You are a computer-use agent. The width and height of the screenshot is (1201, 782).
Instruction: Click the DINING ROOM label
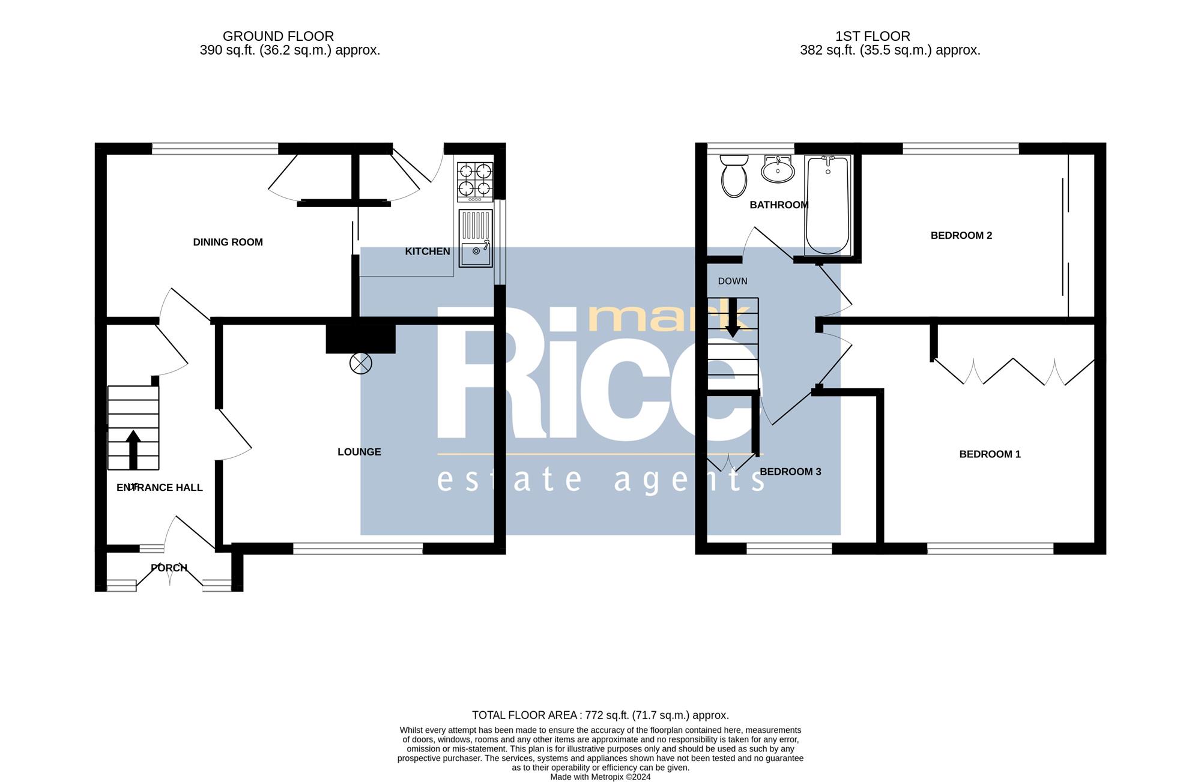pyautogui.click(x=228, y=242)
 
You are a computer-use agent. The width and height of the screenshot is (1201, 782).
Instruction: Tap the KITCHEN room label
pyautogui.click(x=428, y=251)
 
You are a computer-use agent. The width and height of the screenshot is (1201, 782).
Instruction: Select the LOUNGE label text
pyautogui.click(x=359, y=452)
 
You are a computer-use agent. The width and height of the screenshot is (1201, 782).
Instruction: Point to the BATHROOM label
pyautogui.click(x=779, y=205)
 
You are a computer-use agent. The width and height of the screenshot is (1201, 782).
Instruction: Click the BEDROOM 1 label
pyautogui.click(x=990, y=454)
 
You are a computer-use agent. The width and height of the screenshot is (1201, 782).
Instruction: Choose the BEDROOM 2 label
pyautogui.click(x=961, y=236)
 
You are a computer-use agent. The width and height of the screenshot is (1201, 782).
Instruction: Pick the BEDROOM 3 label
pyautogui.click(x=790, y=472)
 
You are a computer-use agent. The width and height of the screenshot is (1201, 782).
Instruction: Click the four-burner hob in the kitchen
pyautogui.click(x=475, y=182)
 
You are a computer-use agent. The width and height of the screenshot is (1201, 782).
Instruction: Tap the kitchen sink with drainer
pyautogui.click(x=476, y=238)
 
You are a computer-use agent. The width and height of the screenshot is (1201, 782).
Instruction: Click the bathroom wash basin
pyautogui.click(x=778, y=169)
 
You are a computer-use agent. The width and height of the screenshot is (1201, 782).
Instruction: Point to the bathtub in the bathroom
pyautogui.click(x=827, y=205)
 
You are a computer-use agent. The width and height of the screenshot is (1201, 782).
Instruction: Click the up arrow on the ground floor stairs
pyautogui.click(x=133, y=450)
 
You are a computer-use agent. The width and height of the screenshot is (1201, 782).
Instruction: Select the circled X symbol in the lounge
pyautogui.click(x=361, y=363)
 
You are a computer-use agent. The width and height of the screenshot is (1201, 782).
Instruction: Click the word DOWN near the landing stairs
pyautogui.click(x=733, y=281)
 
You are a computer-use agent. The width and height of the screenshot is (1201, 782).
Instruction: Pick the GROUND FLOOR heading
pyautogui.click(x=278, y=37)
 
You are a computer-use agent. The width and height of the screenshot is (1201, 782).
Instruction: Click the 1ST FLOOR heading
pyautogui.click(x=873, y=37)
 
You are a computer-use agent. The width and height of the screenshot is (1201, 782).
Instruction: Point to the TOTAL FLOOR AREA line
pyautogui.click(x=600, y=715)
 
